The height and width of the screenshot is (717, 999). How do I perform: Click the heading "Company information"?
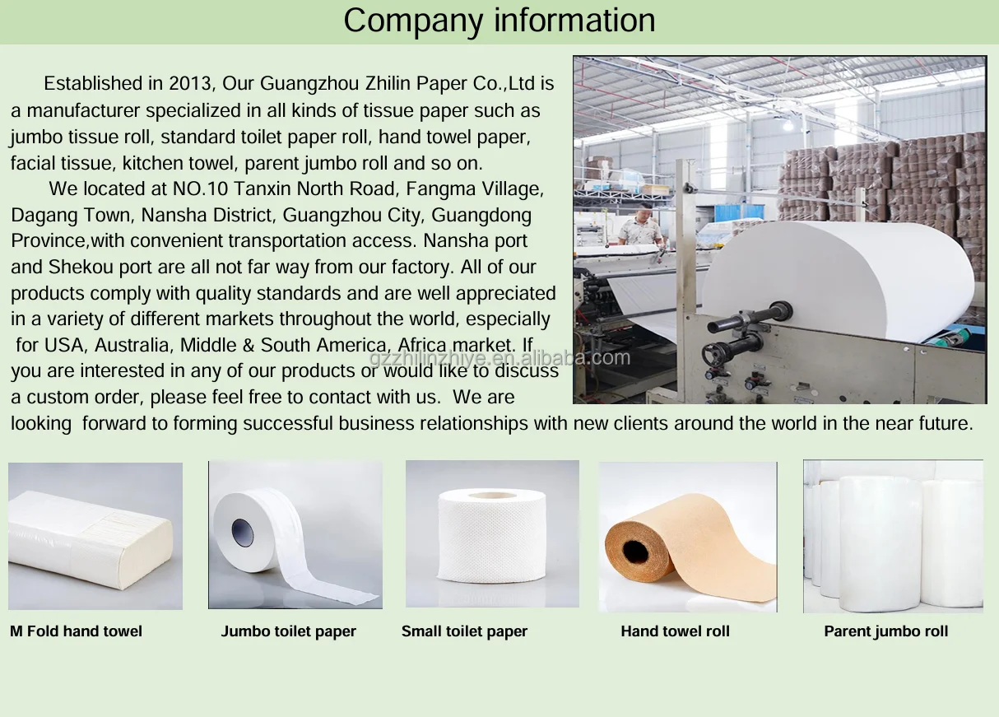(499, 21)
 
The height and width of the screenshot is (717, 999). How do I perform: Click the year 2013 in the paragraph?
(191, 84)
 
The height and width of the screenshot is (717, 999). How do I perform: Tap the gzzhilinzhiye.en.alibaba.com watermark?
(499, 358)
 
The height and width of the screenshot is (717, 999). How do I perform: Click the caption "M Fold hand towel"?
(76, 631)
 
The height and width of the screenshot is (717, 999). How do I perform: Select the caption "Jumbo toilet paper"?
(288, 631)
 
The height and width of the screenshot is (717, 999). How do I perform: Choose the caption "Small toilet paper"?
(464, 631)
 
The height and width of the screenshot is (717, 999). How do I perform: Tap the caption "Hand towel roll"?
(675, 631)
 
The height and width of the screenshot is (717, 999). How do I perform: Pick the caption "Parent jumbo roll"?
(885, 631)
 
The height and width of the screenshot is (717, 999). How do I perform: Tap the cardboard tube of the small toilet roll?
(492, 496)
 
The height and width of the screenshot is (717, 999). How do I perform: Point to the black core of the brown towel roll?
(635, 549)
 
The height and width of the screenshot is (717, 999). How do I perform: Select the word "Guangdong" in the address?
(481, 216)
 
